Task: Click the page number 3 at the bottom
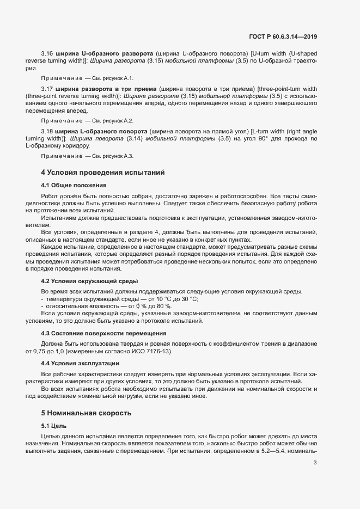click(x=315, y=463)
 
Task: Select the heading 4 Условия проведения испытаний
click(x=103, y=173)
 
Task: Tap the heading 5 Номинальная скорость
click(x=86, y=413)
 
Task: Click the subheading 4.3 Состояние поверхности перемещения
click(x=103, y=333)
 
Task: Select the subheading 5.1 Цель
click(x=53, y=426)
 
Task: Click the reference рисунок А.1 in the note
click(x=120, y=78)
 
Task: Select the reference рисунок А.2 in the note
click(x=120, y=120)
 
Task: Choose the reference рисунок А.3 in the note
click(x=120, y=156)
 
